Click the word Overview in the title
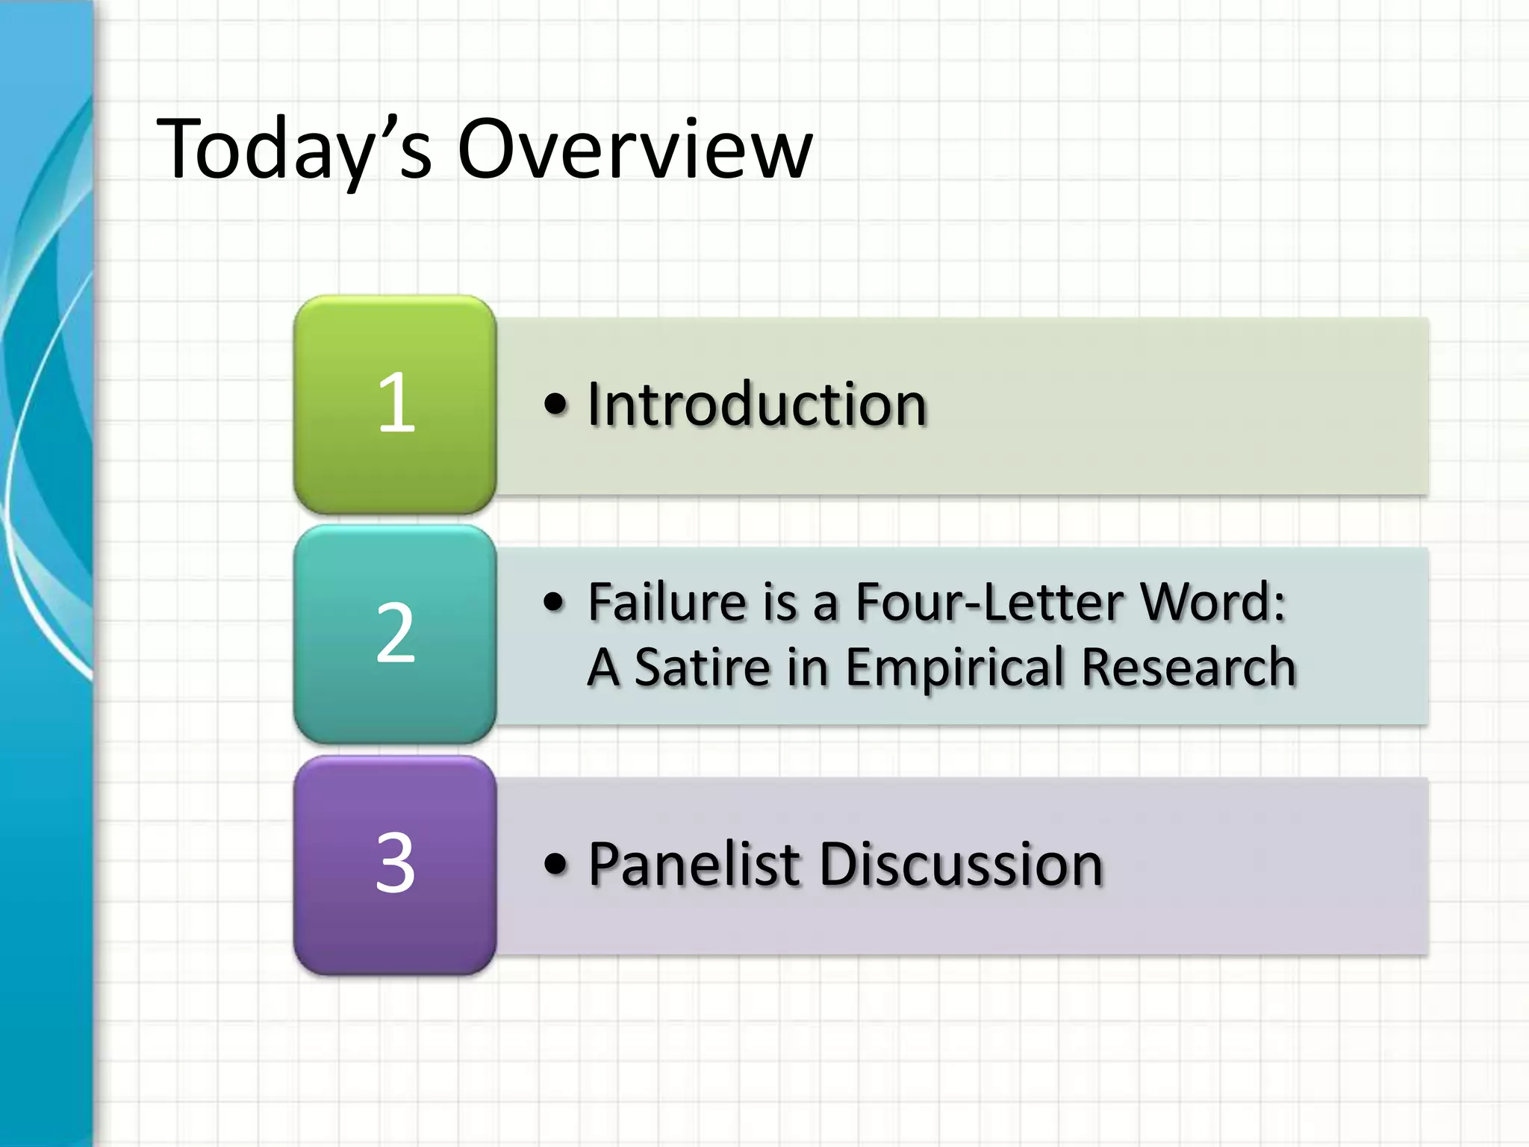click(635, 149)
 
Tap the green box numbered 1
click(395, 404)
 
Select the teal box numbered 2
click(395, 633)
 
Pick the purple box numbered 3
click(395, 864)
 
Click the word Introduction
click(757, 404)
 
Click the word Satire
click(703, 667)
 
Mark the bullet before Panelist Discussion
click(555, 865)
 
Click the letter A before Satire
click(603, 667)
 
